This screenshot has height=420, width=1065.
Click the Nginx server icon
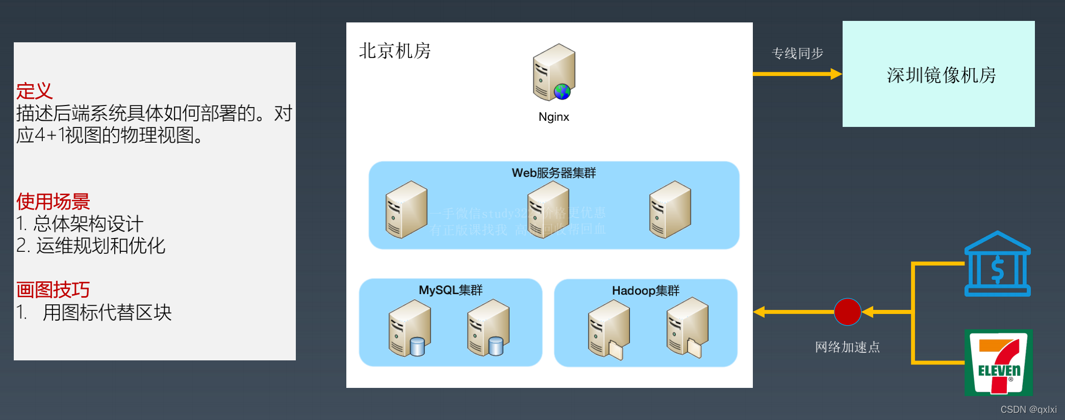pos(554,72)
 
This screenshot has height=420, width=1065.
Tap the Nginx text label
pos(554,117)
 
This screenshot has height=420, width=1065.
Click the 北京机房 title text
pos(395,51)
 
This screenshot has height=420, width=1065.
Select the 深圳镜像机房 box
pos(939,74)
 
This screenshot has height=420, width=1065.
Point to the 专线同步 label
pos(797,53)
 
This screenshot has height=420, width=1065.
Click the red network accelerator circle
pos(847,311)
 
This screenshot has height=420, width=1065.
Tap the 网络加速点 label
pos(847,347)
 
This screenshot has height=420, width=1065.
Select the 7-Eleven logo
pos(998,362)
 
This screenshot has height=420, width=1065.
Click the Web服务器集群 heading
pos(554,173)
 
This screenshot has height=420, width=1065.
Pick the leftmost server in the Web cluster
pos(407,209)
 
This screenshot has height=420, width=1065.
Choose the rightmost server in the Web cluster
pos(670,209)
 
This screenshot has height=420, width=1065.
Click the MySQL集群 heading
pos(450,290)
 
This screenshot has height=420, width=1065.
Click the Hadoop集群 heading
pos(646,291)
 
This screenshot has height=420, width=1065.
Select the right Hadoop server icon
pos(688,328)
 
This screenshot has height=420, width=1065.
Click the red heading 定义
pos(34,91)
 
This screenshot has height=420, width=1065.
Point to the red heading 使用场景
pos(53,202)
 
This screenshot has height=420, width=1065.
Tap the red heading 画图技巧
pos(53,290)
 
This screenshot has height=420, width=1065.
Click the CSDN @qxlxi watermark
pos(1028,410)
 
